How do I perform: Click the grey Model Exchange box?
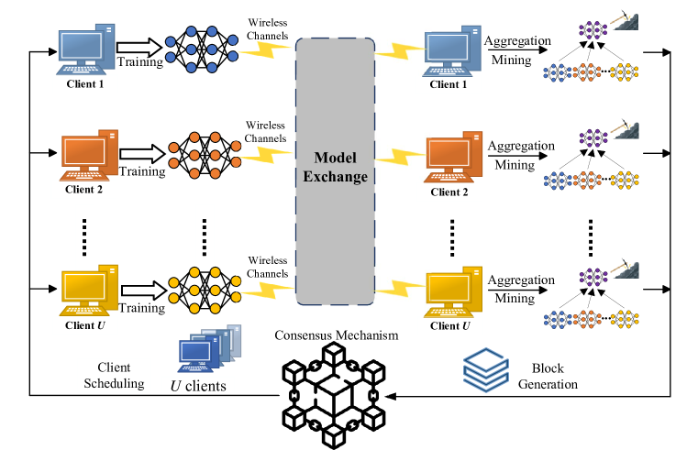click(335, 171)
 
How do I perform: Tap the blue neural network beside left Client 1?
click(202, 49)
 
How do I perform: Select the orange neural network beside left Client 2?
click(205, 155)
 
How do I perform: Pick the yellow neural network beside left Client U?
click(205, 291)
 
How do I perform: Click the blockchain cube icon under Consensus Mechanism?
click(334, 396)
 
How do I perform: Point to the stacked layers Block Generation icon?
click(485, 370)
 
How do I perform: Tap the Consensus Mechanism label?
click(337, 335)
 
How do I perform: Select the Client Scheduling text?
click(114, 375)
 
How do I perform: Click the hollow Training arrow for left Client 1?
click(139, 47)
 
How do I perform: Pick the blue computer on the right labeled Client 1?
click(452, 51)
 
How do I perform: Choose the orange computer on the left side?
click(89, 155)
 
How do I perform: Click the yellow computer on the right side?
click(453, 292)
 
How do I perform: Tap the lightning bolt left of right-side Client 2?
click(399, 156)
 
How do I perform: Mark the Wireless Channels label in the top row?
click(268, 29)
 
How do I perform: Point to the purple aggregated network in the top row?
click(593, 30)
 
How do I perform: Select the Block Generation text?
click(548, 376)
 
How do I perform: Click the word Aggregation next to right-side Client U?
click(521, 280)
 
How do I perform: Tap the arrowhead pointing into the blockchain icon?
click(390, 396)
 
